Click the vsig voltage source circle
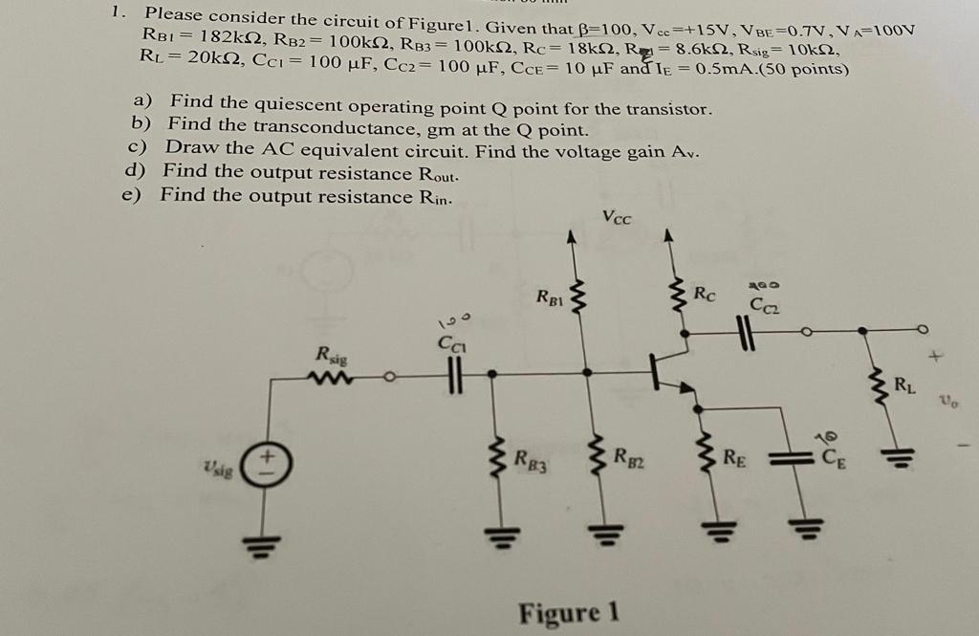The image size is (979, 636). [x=265, y=467]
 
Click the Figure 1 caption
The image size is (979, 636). [x=569, y=612]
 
